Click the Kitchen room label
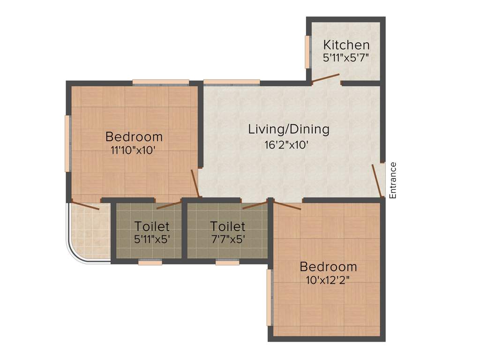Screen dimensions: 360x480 tap(346, 45)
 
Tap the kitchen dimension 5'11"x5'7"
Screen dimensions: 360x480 tap(346, 58)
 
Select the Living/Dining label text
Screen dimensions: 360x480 tap(289, 129)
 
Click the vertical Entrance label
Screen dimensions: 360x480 tap(393, 180)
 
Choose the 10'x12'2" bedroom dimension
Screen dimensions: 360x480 tap(328, 280)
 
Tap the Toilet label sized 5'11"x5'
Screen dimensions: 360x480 tap(152, 226)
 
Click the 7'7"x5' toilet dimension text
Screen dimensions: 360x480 tap(227, 239)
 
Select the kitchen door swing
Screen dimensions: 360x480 tap(326, 78)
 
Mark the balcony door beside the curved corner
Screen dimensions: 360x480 tap(85, 206)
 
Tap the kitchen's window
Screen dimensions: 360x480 tap(308, 52)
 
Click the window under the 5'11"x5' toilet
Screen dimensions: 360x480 tap(150, 262)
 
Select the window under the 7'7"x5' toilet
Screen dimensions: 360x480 tap(227, 262)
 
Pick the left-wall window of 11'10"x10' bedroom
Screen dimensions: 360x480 tap(67, 143)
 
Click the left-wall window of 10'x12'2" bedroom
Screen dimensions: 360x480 tap(270, 297)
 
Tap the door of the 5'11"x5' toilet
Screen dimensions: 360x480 tap(169, 205)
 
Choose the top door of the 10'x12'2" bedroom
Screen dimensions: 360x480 tap(287, 205)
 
